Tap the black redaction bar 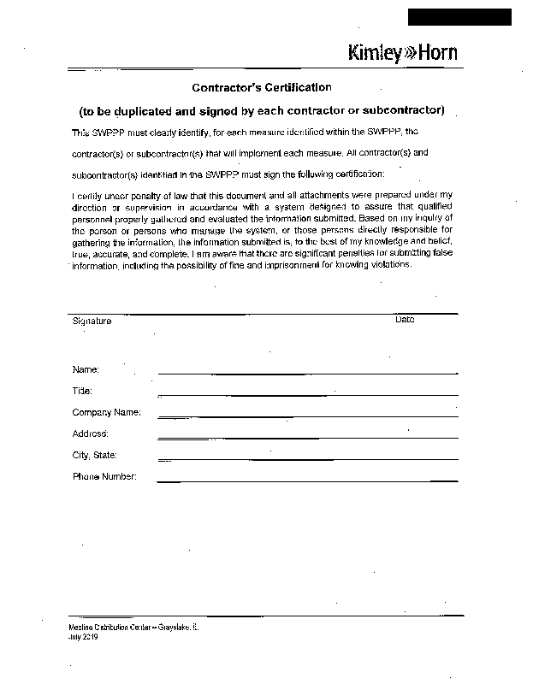click(x=459, y=17)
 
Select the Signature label click(x=92, y=321)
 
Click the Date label click(x=405, y=319)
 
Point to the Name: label click(x=86, y=369)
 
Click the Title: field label click(x=82, y=391)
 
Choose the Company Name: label click(x=106, y=412)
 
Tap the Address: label click(x=90, y=433)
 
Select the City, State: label click(x=94, y=455)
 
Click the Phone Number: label click(x=104, y=476)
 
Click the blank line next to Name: click(x=308, y=373)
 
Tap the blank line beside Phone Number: click(x=308, y=481)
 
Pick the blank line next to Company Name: click(x=308, y=416)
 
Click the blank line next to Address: click(x=308, y=438)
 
